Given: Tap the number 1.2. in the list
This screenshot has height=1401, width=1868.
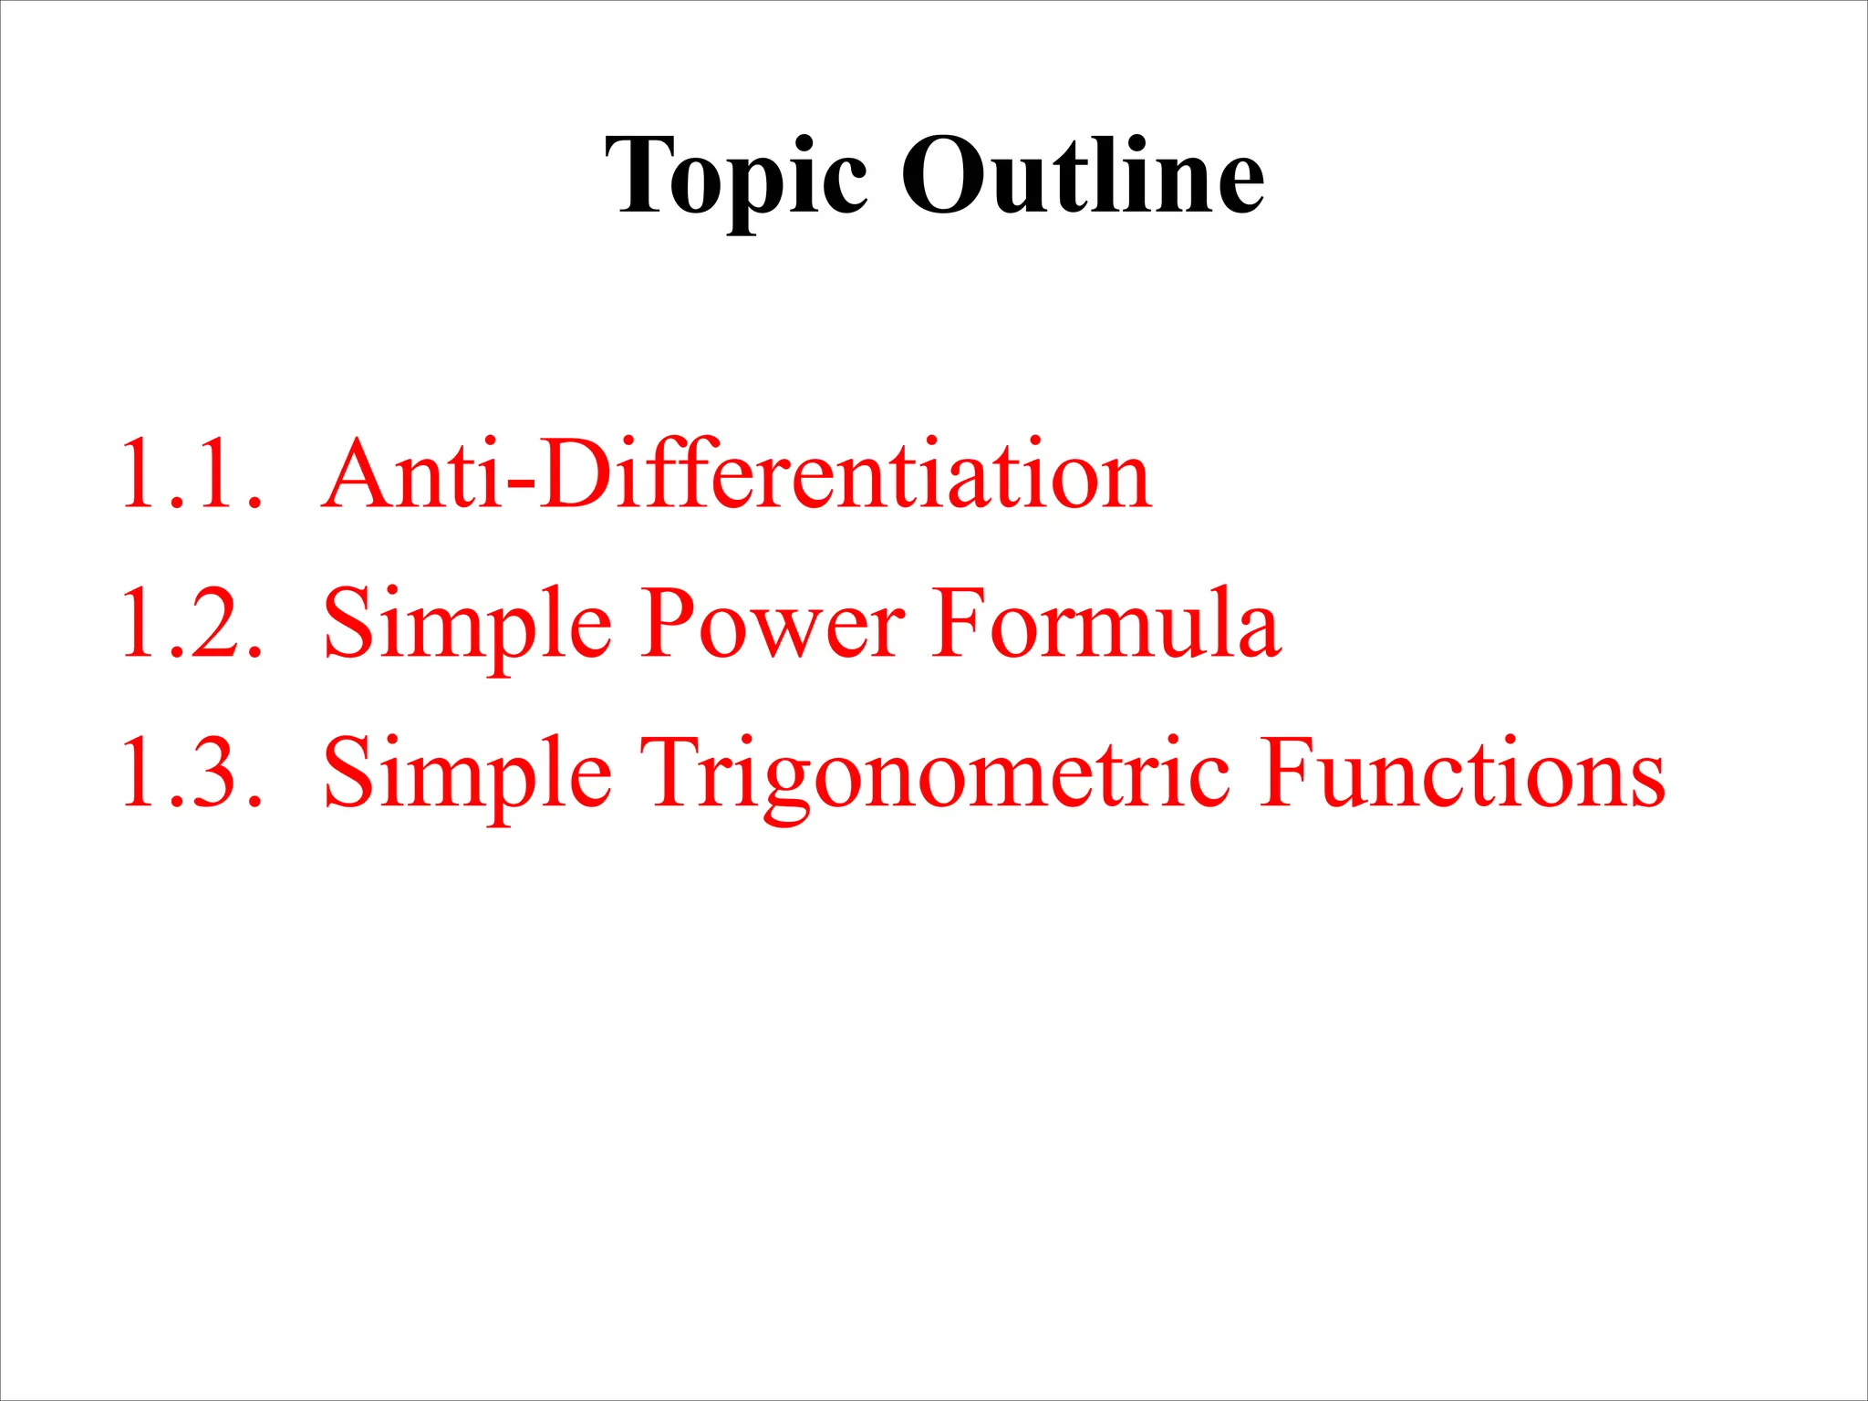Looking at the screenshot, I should (x=192, y=624).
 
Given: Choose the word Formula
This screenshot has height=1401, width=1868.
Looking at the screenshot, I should (x=1106, y=624).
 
